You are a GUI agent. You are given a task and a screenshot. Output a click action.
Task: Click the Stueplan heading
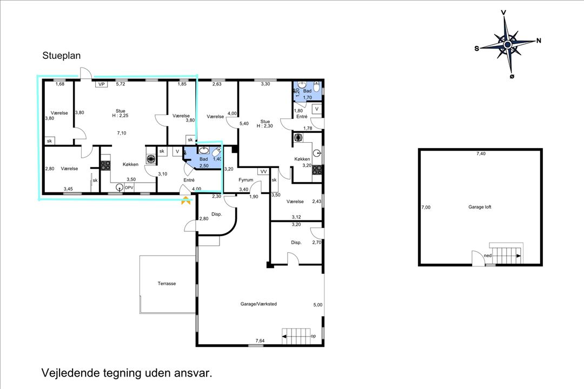click(x=62, y=56)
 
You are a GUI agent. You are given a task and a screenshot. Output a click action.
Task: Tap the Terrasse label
click(x=167, y=283)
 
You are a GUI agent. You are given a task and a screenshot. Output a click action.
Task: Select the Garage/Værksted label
click(x=258, y=304)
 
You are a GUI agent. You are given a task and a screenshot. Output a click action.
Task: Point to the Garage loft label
click(x=480, y=207)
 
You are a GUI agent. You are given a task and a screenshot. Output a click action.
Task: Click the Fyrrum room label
click(x=245, y=180)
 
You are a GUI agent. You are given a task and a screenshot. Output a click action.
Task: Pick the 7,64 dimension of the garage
click(x=260, y=341)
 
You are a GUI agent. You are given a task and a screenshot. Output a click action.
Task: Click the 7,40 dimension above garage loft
click(x=480, y=154)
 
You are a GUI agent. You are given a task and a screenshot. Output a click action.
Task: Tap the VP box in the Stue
click(x=101, y=84)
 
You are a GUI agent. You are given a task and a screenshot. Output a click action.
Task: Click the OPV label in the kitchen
click(x=129, y=187)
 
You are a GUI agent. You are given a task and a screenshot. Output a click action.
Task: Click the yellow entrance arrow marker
click(x=185, y=201)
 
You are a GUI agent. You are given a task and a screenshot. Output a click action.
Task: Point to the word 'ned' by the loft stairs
click(x=488, y=256)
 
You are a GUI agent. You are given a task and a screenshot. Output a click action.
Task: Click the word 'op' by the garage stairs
click(x=313, y=336)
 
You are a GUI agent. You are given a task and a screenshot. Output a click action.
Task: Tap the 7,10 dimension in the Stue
click(x=122, y=133)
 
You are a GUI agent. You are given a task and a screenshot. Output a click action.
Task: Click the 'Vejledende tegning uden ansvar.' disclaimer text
click(x=127, y=373)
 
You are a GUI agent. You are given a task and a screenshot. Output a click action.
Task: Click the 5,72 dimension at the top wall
click(x=121, y=84)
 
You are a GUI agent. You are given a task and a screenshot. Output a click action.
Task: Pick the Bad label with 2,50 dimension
click(x=204, y=160)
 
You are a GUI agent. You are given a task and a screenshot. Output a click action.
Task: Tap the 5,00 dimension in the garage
click(x=317, y=305)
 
